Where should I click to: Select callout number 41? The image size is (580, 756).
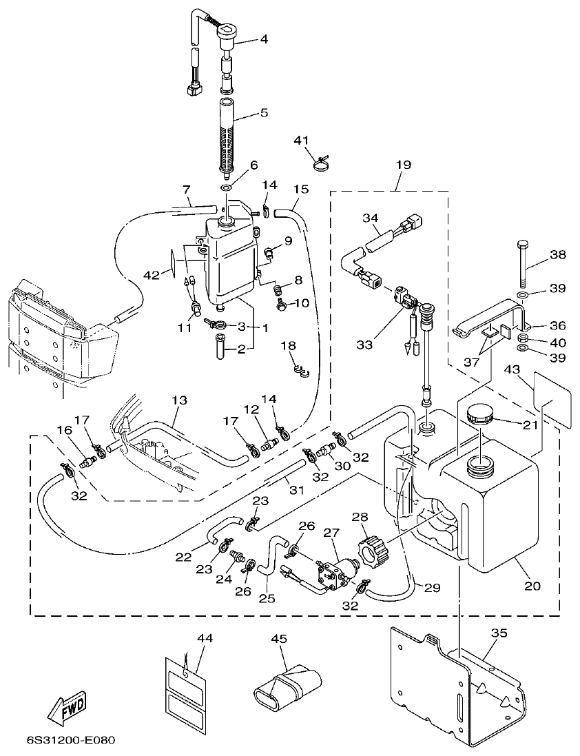pyautogui.click(x=301, y=141)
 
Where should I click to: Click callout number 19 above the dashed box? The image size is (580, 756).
pyautogui.click(x=403, y=165)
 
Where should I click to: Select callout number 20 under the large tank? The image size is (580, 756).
pyautogui.click(x=532, y=586)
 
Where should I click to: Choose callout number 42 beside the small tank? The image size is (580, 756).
pyautogui.click(x=152, y=275)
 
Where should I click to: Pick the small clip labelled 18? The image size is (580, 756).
pyautogui.click(x=298, y=371)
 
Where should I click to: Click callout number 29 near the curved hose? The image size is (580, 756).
pyautogui.click(x=432, y=588)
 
